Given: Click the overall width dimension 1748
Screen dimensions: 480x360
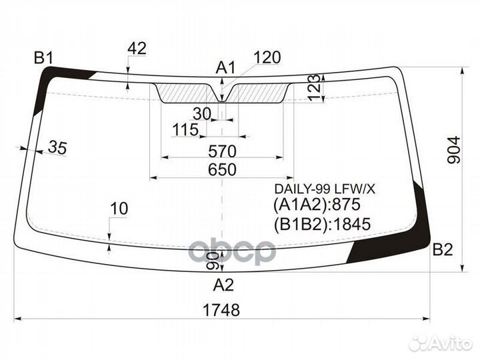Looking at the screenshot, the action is (221, 310).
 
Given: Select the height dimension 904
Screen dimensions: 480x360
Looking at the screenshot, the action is (454, 150).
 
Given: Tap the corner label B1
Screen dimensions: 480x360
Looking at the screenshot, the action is (43, 57).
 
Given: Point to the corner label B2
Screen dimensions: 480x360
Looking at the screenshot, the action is (443, 249).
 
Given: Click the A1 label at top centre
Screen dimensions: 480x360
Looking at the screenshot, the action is (225, 67).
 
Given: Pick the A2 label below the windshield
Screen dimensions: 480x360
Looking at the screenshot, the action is (223, 285).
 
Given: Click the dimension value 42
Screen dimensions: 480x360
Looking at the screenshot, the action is (137, 49).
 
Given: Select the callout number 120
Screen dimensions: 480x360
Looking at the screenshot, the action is (267, 57).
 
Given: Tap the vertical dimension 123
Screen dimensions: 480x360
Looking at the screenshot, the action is (315, 87).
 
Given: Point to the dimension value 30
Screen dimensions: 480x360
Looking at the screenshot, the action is (202, 114).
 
